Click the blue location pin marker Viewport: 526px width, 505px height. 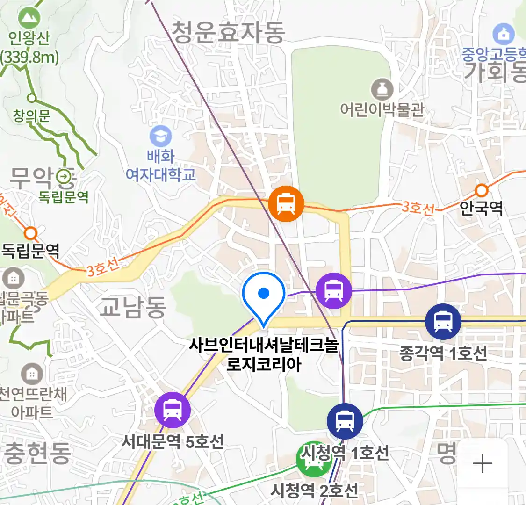(x=264, y=295)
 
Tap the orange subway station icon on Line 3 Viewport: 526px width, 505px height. (x=286, y=204)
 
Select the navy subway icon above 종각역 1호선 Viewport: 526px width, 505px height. (x=443, y=322)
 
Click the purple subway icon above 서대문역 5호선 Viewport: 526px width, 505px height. (x=173, y=410)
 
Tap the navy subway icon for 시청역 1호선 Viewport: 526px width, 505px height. (x=345, y=421)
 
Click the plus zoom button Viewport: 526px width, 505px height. (x=483, y=464)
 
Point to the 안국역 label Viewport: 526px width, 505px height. (x=481, y=208)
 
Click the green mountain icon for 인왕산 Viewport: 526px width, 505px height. (x=29, y=19)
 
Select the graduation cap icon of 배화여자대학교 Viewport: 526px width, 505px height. (x=160, y=137)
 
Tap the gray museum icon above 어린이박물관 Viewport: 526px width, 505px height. (x=382, y=89)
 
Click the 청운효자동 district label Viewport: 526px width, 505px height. (x=228, y=32)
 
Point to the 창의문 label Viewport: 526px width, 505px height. (x=31, y=115)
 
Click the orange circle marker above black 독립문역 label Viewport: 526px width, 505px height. (x=31, y=232)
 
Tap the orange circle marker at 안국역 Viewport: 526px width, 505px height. (x=482, y=190)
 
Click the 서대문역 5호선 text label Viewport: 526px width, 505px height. (x=173, y=441)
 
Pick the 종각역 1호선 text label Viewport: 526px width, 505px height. (x=443, y=353)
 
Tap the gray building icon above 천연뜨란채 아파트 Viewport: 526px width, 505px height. (x=32, y=374)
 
